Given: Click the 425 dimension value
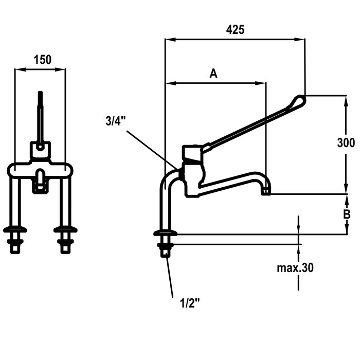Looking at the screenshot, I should point(235,29).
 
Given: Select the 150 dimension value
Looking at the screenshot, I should point(43,59).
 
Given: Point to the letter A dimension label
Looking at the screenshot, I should point(214,74).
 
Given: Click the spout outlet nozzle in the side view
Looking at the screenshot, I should point(265,190).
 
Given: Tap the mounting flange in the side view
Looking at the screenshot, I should point(164,235).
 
